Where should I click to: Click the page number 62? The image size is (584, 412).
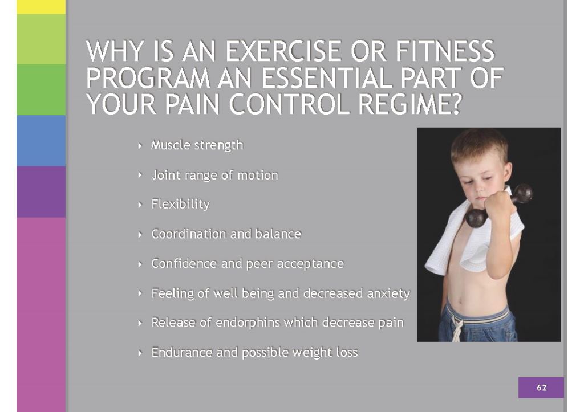click(542, 387)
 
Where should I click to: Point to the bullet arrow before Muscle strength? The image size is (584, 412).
click(140, 145)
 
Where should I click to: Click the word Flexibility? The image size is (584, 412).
click(180, 205)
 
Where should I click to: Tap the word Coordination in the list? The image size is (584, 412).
click(188, 234)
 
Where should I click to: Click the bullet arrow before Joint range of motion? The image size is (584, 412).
click(140, 174)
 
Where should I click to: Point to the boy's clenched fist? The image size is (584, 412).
click(498, 206)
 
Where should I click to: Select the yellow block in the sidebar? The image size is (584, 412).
click(41, 7)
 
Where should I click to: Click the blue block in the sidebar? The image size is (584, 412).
click(41, 141)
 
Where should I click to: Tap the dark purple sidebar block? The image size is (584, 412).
click(41, 191)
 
